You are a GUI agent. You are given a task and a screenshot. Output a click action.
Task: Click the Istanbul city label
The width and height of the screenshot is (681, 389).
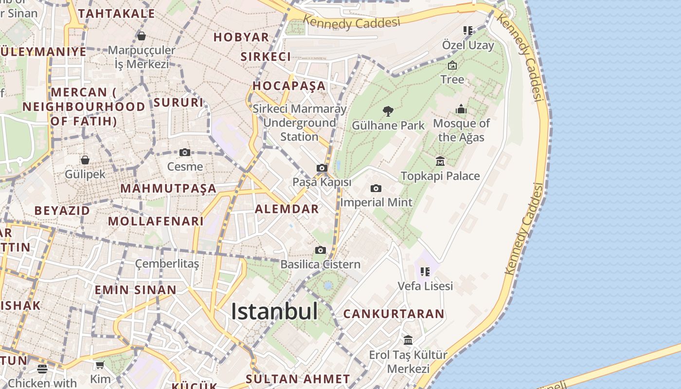click(274, 311)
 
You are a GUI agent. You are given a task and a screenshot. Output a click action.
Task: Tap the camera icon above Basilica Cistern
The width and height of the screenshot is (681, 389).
click(320, 250)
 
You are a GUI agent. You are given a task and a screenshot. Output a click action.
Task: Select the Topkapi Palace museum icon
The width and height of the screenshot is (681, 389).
click(440, 161)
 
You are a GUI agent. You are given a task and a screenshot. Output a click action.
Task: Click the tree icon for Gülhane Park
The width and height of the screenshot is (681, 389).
click(388, 111)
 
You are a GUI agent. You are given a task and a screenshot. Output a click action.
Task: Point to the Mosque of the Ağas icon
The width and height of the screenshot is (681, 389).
click(461, 109)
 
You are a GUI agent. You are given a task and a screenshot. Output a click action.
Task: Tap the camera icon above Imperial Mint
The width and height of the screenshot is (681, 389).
click(376, 188)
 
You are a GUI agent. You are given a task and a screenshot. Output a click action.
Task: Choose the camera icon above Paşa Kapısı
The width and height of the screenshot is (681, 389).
click(322, 168)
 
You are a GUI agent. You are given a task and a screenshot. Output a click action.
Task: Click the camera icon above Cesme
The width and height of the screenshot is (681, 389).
click(184, 152)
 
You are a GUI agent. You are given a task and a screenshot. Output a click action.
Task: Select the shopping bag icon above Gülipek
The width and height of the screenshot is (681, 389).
click(85, 160)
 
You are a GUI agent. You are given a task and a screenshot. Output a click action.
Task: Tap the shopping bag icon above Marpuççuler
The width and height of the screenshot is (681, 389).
click(142, 36)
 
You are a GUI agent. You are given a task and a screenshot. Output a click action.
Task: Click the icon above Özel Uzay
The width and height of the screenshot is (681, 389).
click(468, 31)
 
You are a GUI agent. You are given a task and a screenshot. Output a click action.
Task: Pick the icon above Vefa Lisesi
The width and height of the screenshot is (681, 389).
click(425, 271)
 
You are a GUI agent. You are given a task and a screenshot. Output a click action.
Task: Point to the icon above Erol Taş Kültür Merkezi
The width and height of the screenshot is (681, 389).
click(408, 340)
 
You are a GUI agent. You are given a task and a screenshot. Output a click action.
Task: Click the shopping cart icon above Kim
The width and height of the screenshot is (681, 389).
click(100, 365)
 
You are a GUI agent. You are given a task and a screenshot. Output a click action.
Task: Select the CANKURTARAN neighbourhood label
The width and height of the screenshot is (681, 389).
click(394, 314)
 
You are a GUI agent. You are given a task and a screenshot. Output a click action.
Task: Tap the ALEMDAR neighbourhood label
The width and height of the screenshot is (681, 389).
click(287, 209)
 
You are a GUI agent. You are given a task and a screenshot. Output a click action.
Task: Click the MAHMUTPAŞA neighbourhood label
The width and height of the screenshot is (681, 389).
click(168, 188)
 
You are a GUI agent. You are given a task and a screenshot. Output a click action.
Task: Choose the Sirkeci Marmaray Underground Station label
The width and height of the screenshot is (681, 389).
click(299, 123)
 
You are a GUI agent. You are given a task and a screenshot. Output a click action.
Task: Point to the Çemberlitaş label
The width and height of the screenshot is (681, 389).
click(167, 264)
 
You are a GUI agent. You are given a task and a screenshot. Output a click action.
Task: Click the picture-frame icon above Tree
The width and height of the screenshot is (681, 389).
click(452, 65)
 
